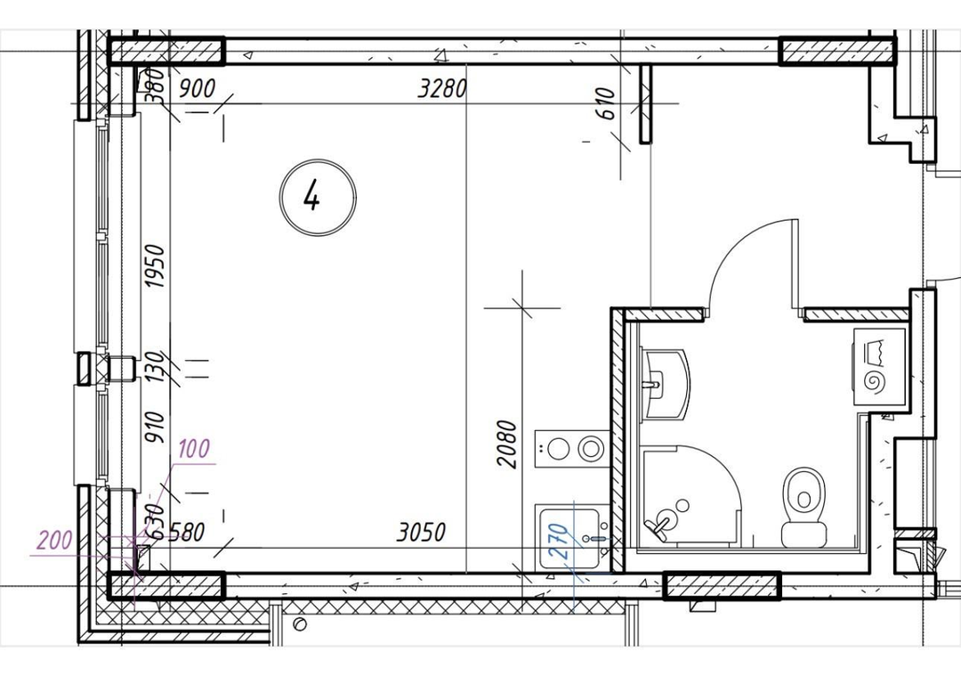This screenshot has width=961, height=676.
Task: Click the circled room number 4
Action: point(318,197)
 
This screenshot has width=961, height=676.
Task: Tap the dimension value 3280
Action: point(442,89)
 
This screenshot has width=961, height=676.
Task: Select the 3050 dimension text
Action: point(421,532)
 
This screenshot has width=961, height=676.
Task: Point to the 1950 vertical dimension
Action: point(156,266)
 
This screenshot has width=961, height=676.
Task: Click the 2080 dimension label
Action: point(507,444)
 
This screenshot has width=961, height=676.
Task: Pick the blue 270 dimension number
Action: point(558,541)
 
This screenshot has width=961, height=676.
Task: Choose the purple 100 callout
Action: point(194,448)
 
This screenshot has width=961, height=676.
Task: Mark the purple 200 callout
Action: point(55,541)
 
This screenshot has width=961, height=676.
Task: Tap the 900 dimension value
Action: point(198,89)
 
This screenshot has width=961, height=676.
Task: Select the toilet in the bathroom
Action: point(804,507)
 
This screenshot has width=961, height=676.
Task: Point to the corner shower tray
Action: point(691,496)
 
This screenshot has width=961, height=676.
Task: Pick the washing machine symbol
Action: point(879,366)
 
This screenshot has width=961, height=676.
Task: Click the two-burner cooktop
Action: point(572,449)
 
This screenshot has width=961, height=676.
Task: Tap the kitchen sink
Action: point(572,537)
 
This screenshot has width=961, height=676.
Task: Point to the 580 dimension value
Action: point(186,532)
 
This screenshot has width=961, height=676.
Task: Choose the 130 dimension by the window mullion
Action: point(156,366)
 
